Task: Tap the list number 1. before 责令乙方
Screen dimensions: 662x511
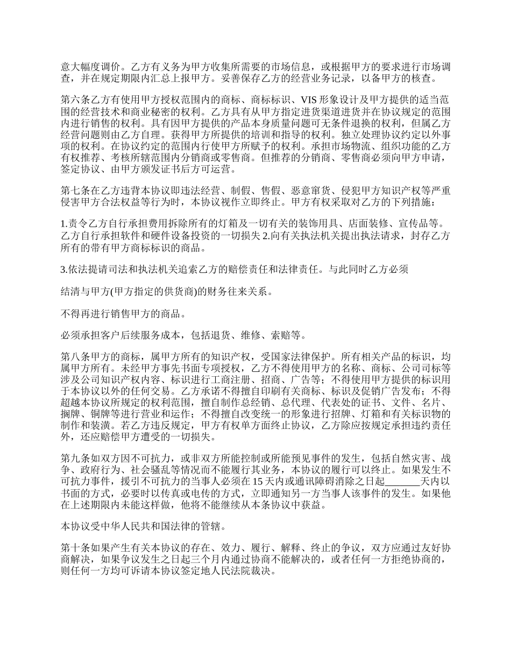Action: (x=64, y=222)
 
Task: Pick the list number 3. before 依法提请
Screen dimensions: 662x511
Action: (x=64, y=269)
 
